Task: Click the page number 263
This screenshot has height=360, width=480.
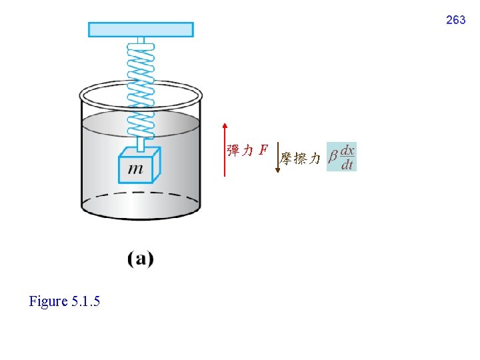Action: point(455,21)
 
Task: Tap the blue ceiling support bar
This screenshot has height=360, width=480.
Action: point(141,29)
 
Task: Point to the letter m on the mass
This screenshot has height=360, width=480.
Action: point(135,169)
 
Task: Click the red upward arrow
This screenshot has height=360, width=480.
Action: point(225,150)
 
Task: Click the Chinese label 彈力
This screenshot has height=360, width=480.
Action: point(240,150)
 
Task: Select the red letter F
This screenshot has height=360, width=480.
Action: point(263,150)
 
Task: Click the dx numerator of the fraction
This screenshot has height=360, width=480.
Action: point(347,151)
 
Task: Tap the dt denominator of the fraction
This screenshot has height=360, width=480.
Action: point(347,165)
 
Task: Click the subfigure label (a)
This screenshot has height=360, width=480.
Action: point(141,259)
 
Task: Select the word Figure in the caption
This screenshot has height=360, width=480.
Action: point(49,301)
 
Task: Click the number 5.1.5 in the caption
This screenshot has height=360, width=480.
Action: point(85,301)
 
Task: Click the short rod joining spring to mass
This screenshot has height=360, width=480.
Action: point(141,143)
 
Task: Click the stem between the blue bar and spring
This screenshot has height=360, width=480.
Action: point(141,41)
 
